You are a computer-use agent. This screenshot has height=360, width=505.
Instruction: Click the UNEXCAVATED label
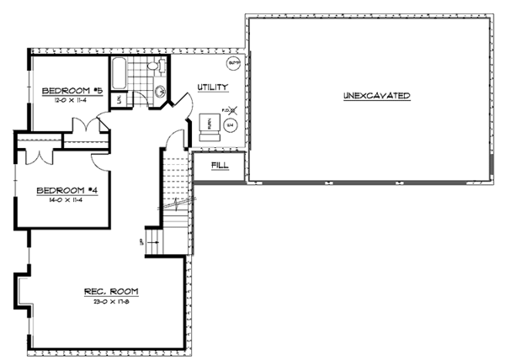(x=376, y=96)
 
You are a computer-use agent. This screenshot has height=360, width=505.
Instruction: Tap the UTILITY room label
(x=211, y=87)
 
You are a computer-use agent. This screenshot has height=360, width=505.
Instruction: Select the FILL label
(x=220, y=166)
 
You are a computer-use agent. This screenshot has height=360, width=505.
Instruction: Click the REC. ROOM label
(x=110, y=291)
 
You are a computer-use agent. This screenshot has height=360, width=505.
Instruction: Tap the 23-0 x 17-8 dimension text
(x=110, y=301)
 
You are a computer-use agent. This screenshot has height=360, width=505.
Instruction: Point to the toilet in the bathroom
(x=152, y=67)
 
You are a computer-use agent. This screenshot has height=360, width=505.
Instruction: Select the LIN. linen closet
(x=120, y=100)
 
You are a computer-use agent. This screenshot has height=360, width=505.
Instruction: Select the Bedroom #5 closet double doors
(x=84, y=129)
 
